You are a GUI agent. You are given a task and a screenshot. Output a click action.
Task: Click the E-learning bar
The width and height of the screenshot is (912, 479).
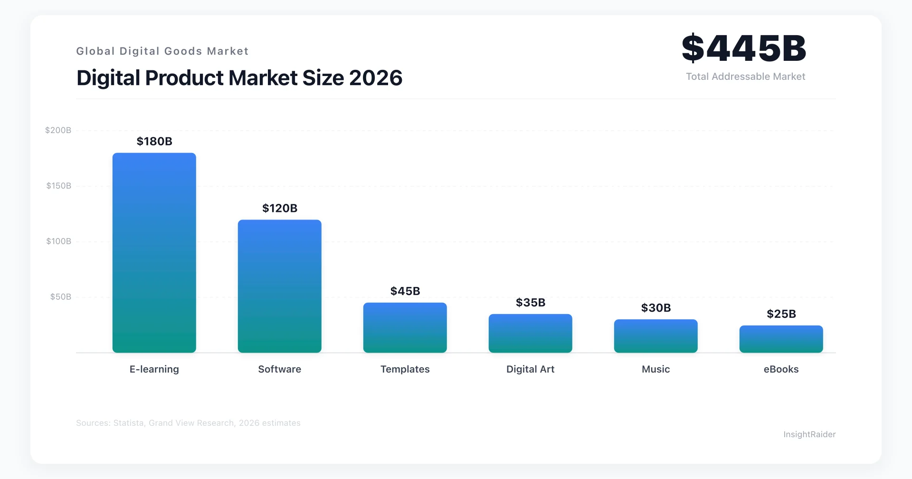(x=154, y=253)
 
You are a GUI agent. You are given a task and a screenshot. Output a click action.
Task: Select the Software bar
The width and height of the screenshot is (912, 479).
(x=279, y=286)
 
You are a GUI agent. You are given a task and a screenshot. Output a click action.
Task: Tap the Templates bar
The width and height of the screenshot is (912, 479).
(x=405, y=327)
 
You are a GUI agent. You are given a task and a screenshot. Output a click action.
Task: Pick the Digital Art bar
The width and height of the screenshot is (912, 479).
(x=530, y=333)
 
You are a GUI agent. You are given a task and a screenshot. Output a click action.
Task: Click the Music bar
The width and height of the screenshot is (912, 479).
(x=655, y=336)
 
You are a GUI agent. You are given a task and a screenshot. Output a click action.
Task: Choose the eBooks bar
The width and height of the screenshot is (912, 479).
(x=781, y=339)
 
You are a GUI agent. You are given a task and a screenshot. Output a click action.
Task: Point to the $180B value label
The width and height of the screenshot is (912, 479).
(x=154, y=141)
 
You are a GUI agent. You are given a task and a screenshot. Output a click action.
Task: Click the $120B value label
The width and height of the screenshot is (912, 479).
(x=280, y=208)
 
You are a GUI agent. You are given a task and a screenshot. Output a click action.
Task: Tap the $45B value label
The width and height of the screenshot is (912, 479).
(x=405, y=291)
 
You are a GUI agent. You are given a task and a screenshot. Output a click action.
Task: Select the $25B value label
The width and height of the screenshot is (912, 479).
(x=781, y=314)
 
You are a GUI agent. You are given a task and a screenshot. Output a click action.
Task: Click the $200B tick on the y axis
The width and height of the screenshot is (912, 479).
(x=58, y=130)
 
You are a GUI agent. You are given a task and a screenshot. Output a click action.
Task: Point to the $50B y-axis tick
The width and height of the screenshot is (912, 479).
(x=61, y=297)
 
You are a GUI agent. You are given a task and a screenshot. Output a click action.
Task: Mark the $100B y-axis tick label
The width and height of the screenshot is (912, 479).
(x=58, y=241)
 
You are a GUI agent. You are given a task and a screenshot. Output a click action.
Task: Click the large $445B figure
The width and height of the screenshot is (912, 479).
(x=744, y=48)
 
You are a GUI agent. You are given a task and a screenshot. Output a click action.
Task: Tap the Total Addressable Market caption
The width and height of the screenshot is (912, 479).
(x=745, y=77)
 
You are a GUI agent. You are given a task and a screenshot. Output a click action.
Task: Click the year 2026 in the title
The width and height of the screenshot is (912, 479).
(x=375, y=78)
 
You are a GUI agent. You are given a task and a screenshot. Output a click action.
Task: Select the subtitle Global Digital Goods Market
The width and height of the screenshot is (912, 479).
(x=162, y=51)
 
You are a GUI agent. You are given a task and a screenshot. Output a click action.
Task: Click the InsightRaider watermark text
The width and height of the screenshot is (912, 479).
(x=809, y=434)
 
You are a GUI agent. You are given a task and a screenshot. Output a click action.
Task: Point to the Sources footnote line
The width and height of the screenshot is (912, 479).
(x=188, y=423)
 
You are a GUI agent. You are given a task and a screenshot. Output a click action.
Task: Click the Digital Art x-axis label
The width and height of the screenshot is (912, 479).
(x=530, y=369)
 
